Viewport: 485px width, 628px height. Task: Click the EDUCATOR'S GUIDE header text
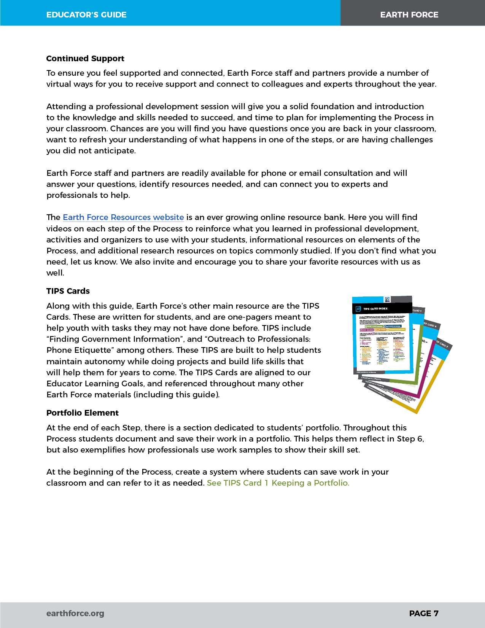(x=86, y=15)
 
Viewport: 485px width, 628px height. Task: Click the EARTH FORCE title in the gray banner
(x=409, y=15)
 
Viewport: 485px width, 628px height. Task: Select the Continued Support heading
(x=85, y=59)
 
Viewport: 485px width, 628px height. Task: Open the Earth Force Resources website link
(x=123, y=217)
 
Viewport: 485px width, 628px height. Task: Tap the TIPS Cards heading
(x=68, y=291)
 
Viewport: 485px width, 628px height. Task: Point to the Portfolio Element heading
(x=83, y=413)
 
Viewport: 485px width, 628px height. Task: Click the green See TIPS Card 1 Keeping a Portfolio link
(x=278, y=483)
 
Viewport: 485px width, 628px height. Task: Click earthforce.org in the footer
(x=75, y=614)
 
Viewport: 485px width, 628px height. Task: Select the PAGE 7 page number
(x=424, y=614)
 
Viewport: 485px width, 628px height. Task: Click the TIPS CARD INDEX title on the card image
(x=375, y=309)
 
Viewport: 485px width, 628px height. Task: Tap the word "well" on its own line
(x=54, y=273)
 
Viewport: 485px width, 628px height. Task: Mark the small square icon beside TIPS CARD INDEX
(x=358, y=309)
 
